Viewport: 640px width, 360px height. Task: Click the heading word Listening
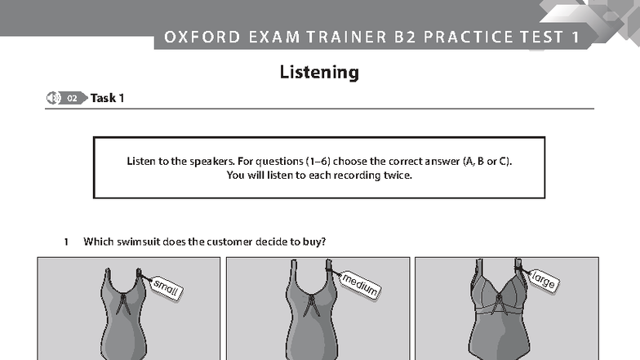(319, 73)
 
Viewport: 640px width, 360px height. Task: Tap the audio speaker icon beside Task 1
(52, 98)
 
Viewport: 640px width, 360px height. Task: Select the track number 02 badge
(72, 98)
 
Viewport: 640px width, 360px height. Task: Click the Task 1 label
(108, 98)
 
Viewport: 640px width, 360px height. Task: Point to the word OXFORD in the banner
(202, 38)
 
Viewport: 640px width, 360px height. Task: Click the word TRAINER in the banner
(346, 38)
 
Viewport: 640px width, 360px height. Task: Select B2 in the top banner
(405, 38)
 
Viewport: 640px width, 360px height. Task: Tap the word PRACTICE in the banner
(469, 38)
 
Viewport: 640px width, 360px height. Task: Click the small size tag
(167, 288)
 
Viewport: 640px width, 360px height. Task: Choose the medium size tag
(359, 284)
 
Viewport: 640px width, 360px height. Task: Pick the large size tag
(544, 279)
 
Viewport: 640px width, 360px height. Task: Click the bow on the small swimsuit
(122, 304)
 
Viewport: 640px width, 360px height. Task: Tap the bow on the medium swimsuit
(311, 305)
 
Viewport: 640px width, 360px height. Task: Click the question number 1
(66, 242)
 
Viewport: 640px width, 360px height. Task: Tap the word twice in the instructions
(398, 176)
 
